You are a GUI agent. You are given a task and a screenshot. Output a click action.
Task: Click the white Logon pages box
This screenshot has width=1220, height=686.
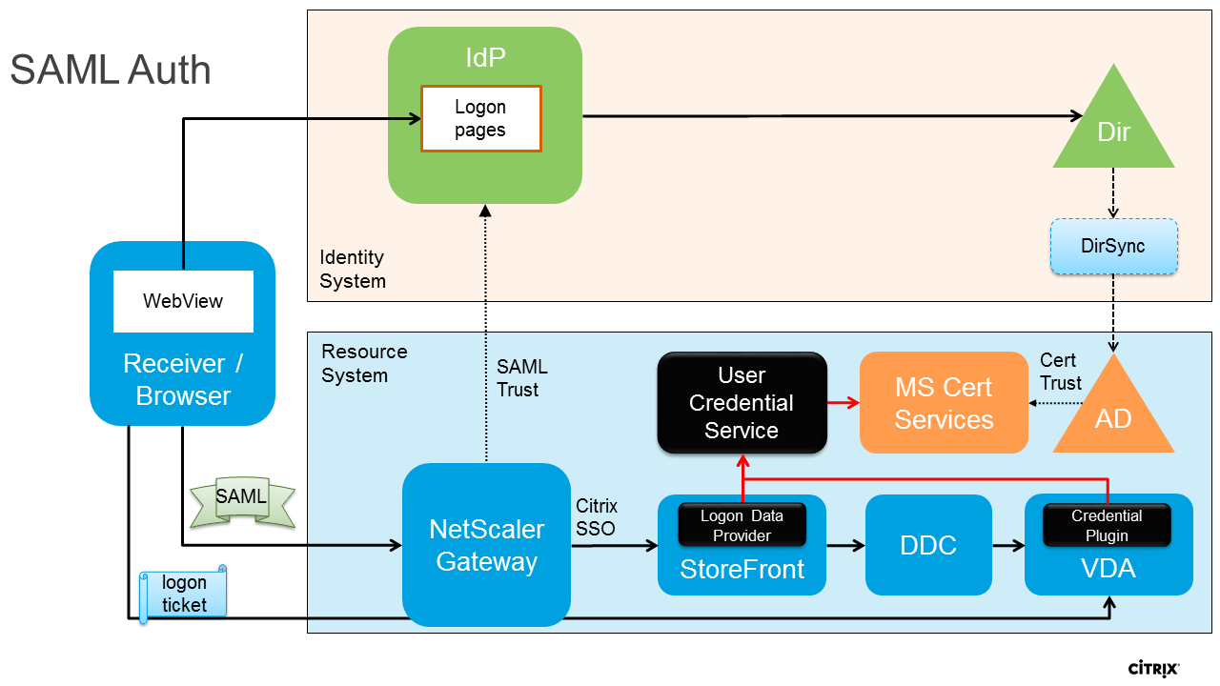[x=481, y=119]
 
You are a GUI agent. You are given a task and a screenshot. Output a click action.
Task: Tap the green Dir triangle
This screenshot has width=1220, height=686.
[x=1113, y=129]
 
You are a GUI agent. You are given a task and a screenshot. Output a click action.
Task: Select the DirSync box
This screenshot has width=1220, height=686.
[x=1113, y=247]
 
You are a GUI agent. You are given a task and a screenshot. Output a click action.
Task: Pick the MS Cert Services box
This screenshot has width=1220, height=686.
[x=944, y=403]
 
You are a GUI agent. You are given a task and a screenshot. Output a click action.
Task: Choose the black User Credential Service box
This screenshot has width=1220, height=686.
[x=742, y=403]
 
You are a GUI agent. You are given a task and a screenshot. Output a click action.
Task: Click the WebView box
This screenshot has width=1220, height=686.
[x=183, y=301]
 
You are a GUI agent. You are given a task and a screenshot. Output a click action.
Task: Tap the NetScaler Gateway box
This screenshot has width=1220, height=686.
[x=486, y=545]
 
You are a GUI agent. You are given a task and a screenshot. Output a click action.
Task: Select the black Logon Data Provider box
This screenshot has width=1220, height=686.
[x=742, y=525]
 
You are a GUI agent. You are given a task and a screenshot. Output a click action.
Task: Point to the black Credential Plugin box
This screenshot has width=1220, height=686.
[x=1107, y=525]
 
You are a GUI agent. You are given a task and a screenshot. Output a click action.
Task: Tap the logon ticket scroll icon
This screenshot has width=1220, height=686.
[x=183, y=593]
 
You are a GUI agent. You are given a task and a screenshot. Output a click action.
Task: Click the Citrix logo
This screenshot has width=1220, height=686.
[x=1153, y=666]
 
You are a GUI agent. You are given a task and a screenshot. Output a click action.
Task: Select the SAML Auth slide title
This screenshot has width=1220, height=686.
[x=111, y=71]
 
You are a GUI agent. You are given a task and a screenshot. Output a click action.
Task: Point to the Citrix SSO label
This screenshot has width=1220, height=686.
[x=597, y=516]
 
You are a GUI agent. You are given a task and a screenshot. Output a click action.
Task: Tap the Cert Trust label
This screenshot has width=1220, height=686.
[x=1060, y=372]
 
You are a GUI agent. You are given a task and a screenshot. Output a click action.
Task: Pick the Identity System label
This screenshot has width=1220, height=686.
[x=353, y=269]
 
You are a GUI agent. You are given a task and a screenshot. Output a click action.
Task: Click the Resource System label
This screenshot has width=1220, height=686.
[x=364, y=363]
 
